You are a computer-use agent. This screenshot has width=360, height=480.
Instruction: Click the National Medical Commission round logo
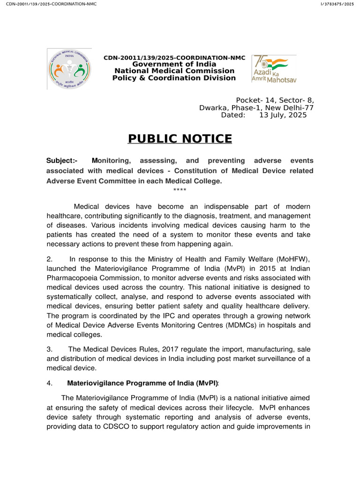click(69, 69)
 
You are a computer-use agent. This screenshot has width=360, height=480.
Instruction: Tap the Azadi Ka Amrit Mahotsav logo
click(274, 68)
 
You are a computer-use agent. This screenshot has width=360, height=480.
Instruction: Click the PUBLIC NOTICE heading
click(180, 139)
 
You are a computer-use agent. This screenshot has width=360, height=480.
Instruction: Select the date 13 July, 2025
click(283, 115)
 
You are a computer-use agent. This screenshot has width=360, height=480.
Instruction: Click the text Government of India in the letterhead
click(174, 64)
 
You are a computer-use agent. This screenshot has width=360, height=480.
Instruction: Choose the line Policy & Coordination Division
click(174, 78)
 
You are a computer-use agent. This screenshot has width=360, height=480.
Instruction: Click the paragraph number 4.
click(50, 382)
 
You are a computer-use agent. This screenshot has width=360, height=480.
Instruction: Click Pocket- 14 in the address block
click(255, 100)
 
